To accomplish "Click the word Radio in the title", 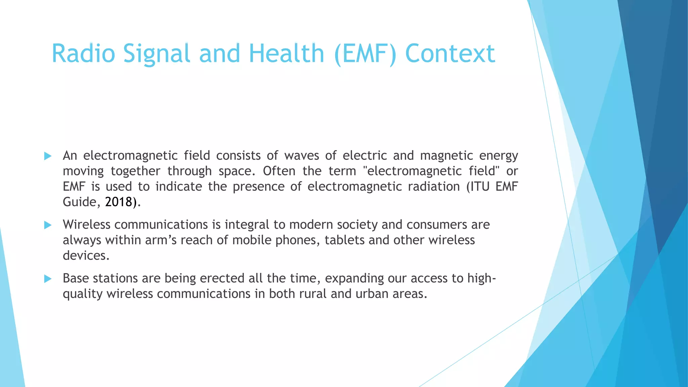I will [x=83, y=53].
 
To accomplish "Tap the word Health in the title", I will [x=286, y=53].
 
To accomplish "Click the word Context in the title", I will [x=450, y=53].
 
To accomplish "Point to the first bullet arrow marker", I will [x=48, y=156].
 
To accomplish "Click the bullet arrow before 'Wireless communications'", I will [x=48, y=225].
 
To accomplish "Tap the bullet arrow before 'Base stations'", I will [x=48, y=278].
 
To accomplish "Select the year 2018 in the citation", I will [x=119, y=202].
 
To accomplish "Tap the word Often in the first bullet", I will [x=279, y=171].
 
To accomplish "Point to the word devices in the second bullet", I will [x=86, y=256].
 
